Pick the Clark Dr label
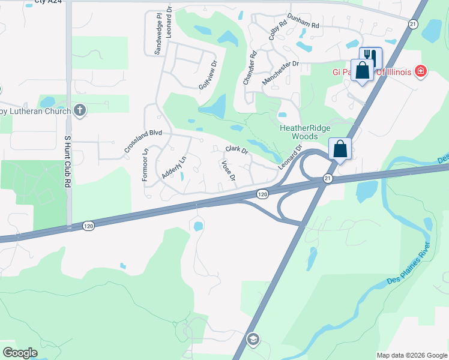coord(237,150)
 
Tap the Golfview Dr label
coord(206,76)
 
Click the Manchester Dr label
coord(280,72)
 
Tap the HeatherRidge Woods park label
coord(299,132)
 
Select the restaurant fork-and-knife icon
coord(370,56)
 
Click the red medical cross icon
coord(421,71)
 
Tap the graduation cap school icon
coord(253,340)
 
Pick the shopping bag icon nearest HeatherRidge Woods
coord(340,149)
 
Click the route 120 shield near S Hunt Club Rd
coord(88,226)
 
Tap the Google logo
coord(20,352)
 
